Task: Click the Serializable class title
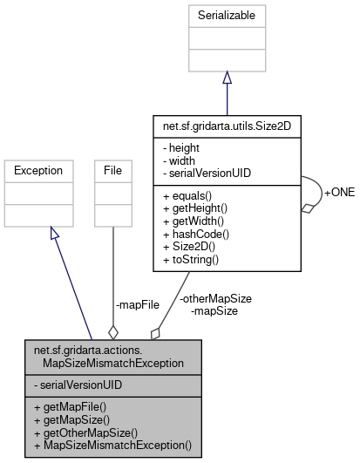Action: pos(227,16)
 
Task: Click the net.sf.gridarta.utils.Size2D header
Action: pos(227,126)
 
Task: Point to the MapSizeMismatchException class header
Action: pos(114,357)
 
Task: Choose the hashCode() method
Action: pos(197,234)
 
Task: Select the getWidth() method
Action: pos(196,221)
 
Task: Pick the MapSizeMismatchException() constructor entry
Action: pos(112,445)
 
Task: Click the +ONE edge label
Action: pos(339,192)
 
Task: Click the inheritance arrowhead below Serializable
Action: pos(227,78)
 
